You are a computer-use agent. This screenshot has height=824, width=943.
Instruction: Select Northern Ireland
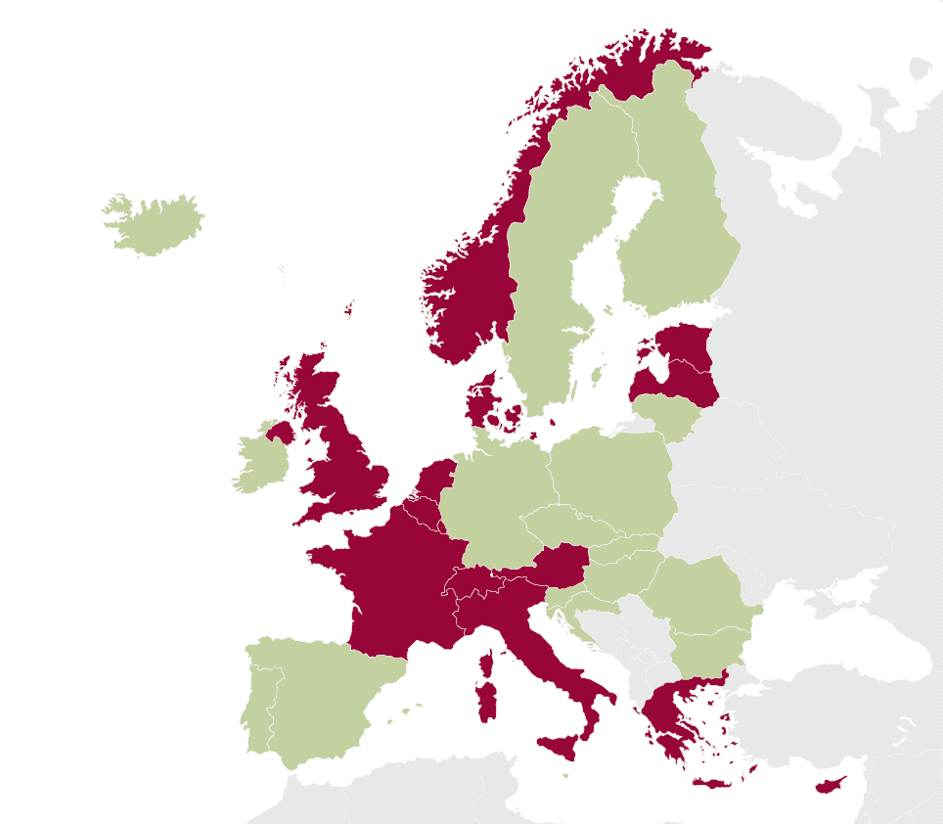(x=280, y=432)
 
